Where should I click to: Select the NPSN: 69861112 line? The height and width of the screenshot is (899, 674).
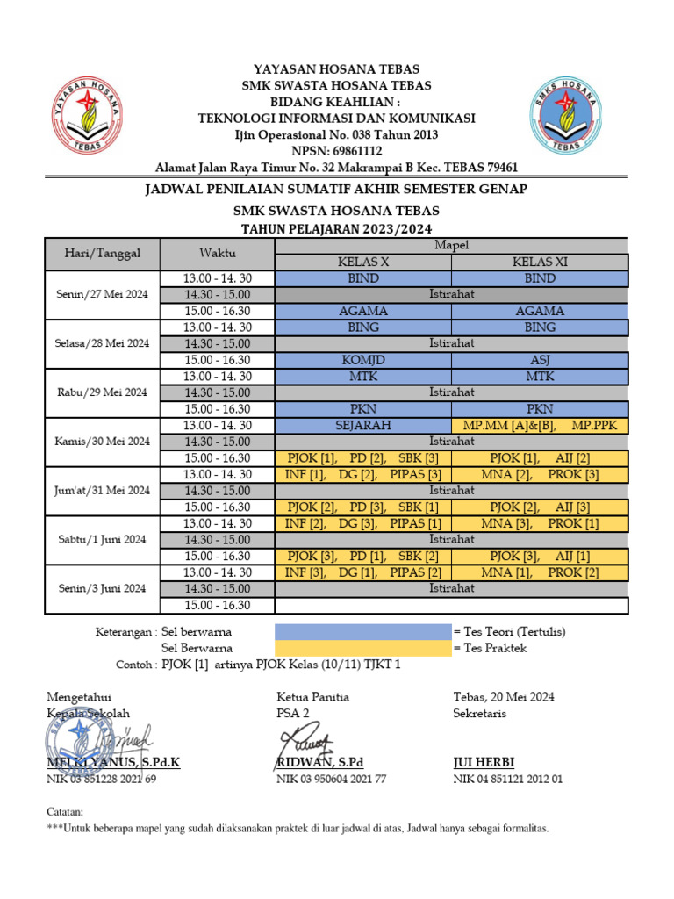pos(336,151)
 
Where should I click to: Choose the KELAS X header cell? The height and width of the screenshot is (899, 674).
pos(363,262)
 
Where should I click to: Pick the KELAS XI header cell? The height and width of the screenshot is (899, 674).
pos(540,262)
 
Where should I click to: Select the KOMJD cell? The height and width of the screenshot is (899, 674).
pos(363,360)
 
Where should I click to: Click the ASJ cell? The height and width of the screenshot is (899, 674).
pos(540,360)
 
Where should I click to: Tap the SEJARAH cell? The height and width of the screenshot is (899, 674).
pos(363,425)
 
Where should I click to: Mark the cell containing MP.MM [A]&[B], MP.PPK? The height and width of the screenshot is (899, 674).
pos(540,425)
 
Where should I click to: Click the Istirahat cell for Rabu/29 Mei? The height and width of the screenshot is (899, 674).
pos(452,392)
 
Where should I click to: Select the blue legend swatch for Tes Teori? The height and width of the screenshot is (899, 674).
pos(362,631)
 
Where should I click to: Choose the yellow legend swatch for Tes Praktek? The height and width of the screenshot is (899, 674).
pos(362,648)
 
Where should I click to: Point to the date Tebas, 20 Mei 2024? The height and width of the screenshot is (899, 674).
pos(503,697)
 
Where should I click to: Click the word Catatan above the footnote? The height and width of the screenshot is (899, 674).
pos(64,812)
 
